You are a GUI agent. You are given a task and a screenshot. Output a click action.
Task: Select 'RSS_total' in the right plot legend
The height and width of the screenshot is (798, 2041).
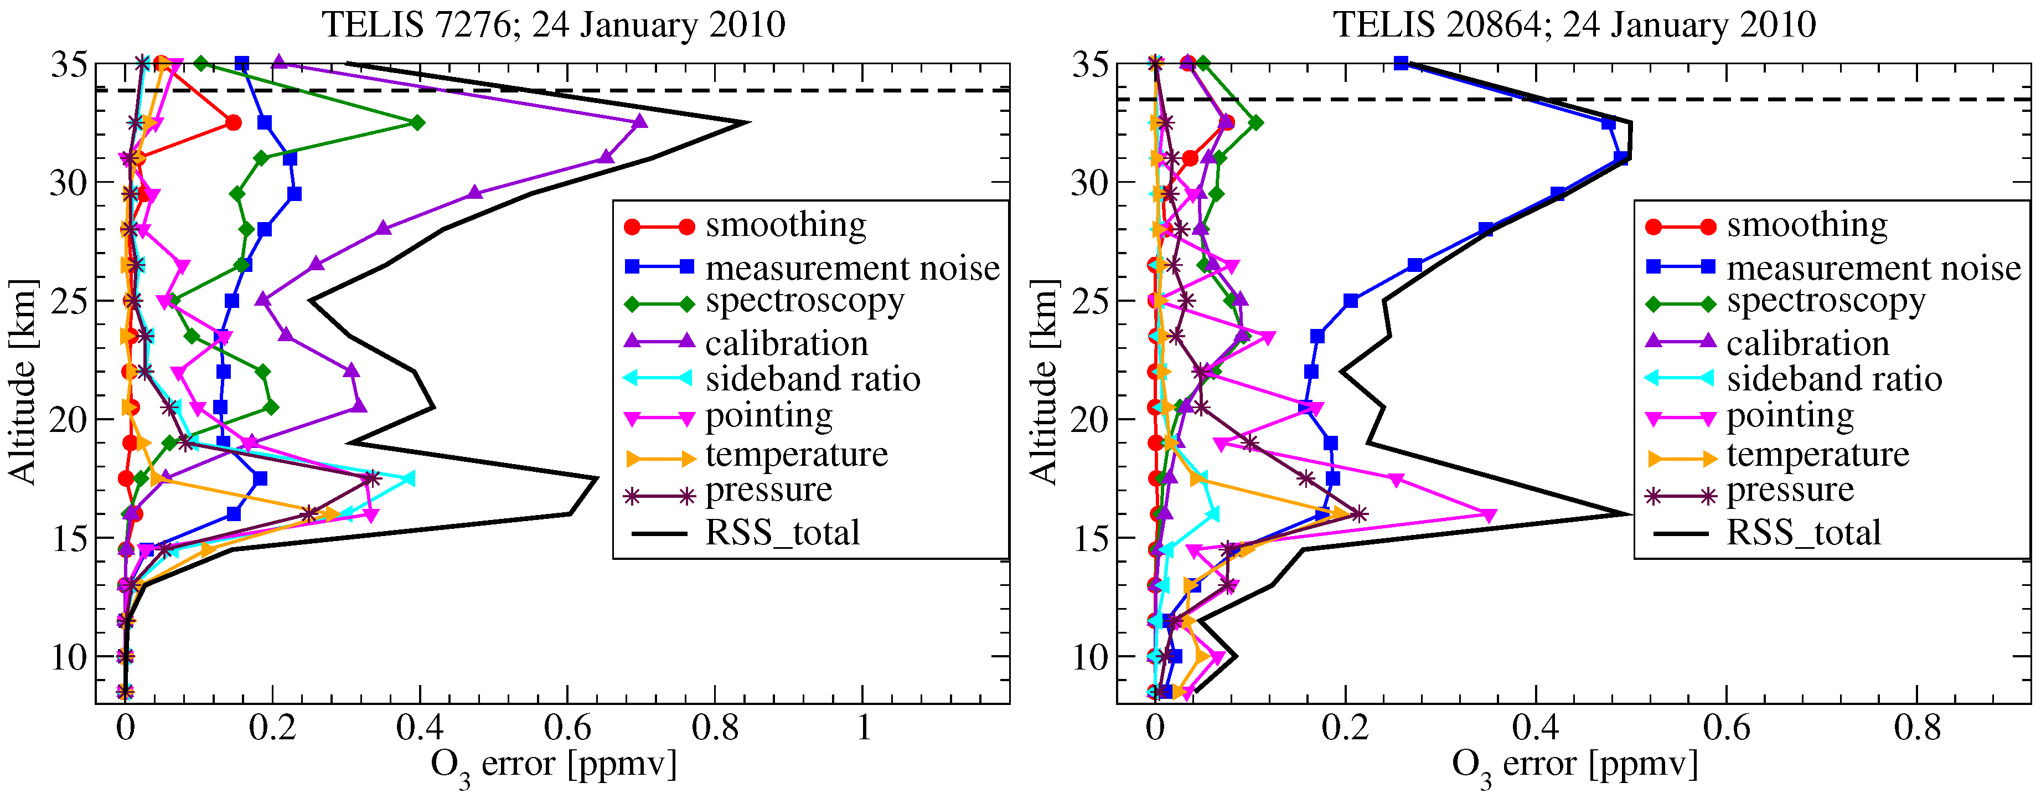pos(1804,533)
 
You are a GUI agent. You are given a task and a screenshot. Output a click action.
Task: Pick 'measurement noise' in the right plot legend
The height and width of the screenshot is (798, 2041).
pos(1874,268)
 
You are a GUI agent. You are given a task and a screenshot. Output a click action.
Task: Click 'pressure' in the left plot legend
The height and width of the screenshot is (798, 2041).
pos(768,491)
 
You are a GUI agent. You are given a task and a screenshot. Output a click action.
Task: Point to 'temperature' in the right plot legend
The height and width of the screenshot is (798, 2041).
pos(1817,455)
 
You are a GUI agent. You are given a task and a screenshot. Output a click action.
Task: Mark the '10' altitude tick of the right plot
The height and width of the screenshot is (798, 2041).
pos(1091,657)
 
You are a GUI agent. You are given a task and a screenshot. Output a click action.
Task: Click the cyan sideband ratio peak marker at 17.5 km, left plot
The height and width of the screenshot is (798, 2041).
pos(408,478)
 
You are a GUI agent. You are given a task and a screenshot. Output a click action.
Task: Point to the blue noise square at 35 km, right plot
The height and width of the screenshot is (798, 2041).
pos(1401,63)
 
